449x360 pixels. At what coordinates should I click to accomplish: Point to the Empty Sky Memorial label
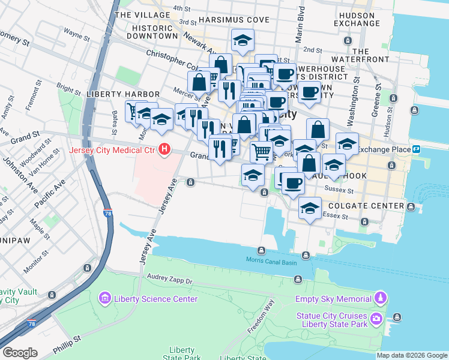(333, 298)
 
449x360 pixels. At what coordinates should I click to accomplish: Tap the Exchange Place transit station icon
(416, 149)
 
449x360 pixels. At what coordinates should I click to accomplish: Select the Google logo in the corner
(19, 353)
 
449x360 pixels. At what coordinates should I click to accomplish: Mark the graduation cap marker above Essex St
(309, 208)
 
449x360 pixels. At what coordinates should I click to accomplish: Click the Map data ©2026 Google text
(412, 355)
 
